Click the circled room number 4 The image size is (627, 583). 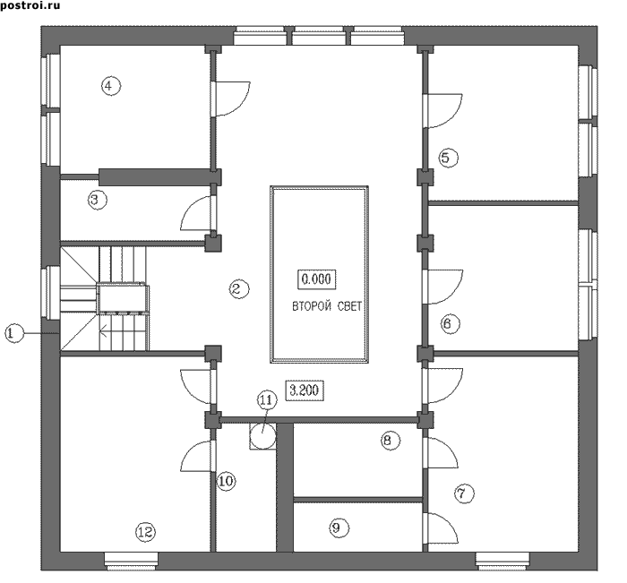[111, 86]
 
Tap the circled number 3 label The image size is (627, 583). [97, 200]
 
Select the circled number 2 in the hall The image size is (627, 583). [239, 288]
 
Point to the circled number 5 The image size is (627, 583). [448, 158]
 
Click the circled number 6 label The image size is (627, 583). [450, 323]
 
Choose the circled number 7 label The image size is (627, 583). [464, 493]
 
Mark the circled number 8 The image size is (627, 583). [390, 441]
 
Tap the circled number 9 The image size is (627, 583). [339, 528]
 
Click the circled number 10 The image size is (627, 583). [226, 481]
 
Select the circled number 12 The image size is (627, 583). [145, 532]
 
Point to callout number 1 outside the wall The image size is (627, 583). [14, 333]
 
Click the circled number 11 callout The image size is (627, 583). [266, 400]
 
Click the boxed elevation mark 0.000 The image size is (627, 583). [317, 279]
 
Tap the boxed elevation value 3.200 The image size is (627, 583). [305, 390]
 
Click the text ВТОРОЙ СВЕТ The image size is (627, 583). [327, 306]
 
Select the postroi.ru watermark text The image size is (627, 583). [30, 5]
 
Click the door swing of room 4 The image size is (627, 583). [241, 105]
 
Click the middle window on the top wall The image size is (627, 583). [319, 36]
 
